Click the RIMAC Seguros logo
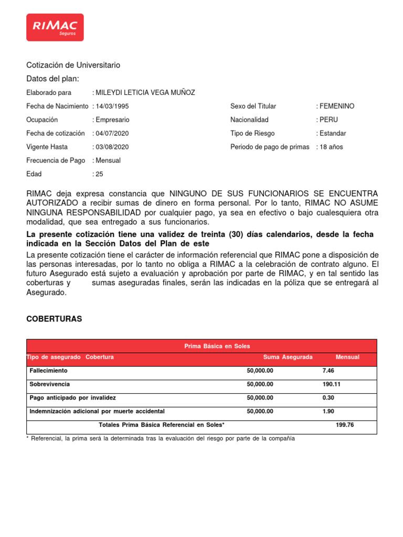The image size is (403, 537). click(x=55, y=27)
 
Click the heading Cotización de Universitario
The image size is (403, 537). click(x=73, y=65)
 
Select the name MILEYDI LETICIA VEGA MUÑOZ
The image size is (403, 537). click(x=145, y=92)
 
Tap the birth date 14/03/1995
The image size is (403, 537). click(x=112, y=106)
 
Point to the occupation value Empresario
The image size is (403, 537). click(x=113, y=120)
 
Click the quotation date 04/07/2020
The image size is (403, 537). click(x=112, y=133)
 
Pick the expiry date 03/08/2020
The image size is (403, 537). click(x=112, y=147)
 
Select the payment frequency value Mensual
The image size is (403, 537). click(x=108, y=160)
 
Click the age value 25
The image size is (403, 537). click(x=99, y=174)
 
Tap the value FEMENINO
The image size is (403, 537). click(x=336, y=106)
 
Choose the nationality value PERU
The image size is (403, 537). click(x=328, y=120)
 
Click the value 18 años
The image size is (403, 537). click(x=331, y=147)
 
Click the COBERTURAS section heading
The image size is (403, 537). click(x=54, y=319)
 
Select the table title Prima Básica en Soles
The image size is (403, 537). click(x=217, y=346)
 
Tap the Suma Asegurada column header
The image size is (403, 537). click(x=288, y=357)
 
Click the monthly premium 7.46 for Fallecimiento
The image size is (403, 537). click(x=328, y=371)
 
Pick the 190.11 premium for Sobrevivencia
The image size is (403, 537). click(x=331, y=384)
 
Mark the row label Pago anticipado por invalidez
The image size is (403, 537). click(x=73, y=398)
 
